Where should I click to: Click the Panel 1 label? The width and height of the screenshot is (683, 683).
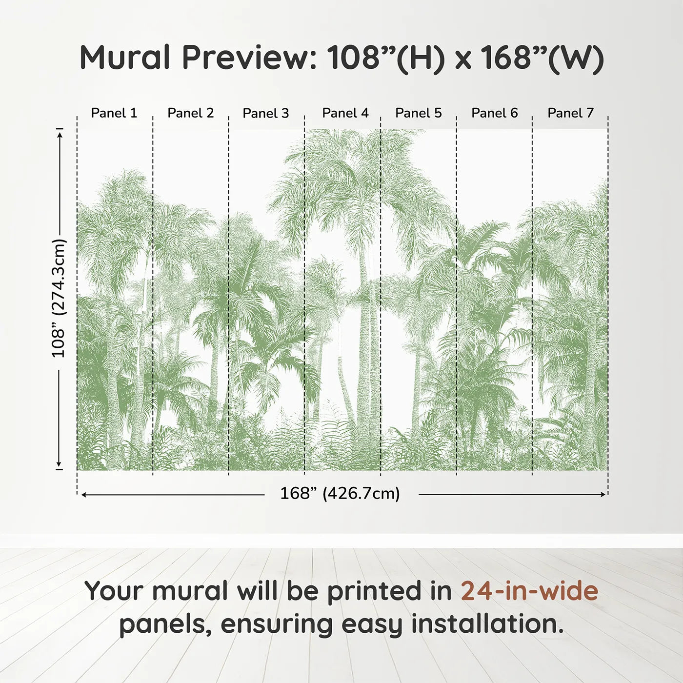114,113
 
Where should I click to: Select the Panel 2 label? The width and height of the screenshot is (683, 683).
190,113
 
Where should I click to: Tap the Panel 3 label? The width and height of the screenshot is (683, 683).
266,113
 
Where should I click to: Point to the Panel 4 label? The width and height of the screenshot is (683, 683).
345,113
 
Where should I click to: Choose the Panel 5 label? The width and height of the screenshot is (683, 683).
418,113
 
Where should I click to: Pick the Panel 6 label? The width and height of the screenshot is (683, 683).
494,113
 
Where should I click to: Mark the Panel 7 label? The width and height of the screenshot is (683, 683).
570,113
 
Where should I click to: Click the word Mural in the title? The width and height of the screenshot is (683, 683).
125,57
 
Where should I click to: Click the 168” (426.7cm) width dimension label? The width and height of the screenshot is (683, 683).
340,494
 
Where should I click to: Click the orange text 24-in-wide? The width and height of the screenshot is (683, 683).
529,590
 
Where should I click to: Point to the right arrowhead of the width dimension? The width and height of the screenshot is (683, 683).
603,494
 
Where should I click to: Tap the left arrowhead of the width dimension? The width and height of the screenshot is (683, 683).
84,494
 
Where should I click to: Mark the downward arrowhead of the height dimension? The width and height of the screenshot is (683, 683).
60,464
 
